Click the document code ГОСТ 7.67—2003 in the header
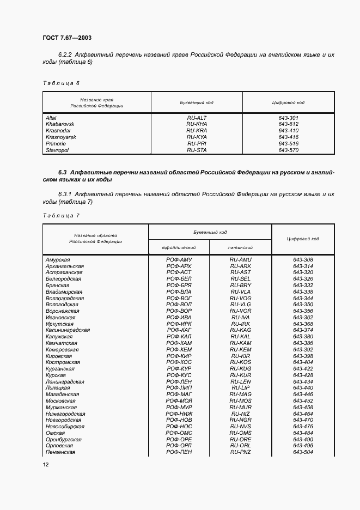point(66,38)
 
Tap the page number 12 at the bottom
point(46,464)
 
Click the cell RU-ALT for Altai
point(197,118)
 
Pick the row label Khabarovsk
point(60,124)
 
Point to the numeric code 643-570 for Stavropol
point(288,150)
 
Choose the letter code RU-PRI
point(197,143)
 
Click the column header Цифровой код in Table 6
point(288,102)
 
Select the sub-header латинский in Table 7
point(240,247)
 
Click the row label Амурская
point(58,259)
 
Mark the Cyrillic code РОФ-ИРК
point(179,324)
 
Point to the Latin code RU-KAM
point(240,343)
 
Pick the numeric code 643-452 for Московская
point(303,400)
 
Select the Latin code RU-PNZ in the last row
point(240,452)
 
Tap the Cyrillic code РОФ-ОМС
point(179,433)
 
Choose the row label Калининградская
point(68,330)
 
